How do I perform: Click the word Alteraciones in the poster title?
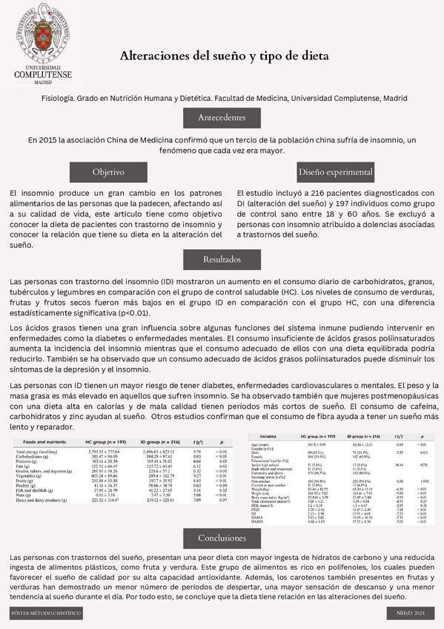[156, 56]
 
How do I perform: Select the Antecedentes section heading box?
[222, 118]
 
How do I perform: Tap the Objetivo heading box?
[108, 171]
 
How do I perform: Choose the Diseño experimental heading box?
[336, 171]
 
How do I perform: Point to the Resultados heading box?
[222, 260]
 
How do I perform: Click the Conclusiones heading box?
[222, 537]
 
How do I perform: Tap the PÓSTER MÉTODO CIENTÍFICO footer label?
[46, 613]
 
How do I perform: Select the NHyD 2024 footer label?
[411, 613]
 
